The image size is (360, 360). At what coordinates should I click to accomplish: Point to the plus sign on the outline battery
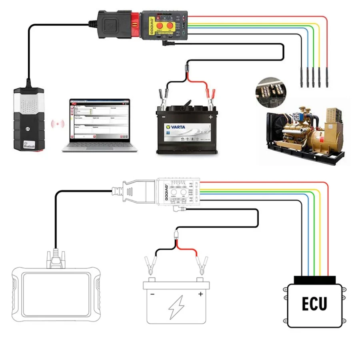200,294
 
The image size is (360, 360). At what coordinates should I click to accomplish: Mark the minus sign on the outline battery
152,294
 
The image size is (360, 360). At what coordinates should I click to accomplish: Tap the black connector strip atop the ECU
314,279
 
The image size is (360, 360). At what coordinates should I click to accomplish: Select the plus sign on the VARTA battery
210,117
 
